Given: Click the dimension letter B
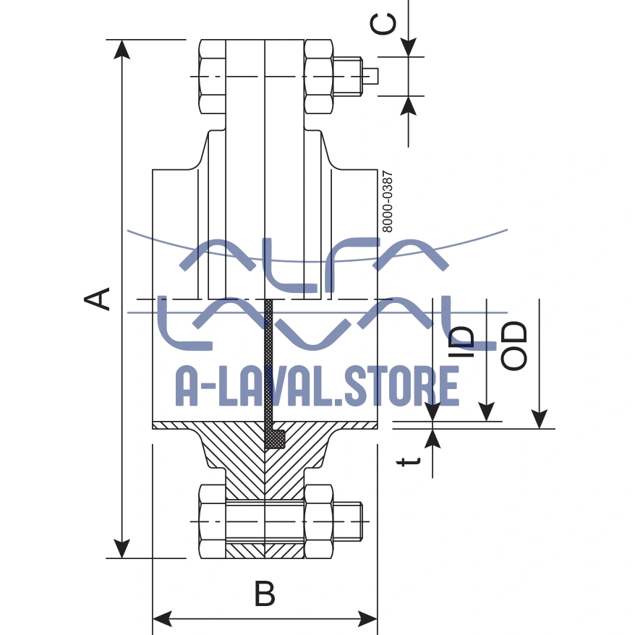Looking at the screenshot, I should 265,594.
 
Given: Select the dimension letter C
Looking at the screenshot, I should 383,24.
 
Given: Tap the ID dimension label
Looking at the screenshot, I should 462,341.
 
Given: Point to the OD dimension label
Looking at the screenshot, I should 514,346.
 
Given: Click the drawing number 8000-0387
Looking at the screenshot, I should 387,201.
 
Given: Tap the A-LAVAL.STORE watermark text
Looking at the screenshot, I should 317,385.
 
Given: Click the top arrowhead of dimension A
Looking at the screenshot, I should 123,49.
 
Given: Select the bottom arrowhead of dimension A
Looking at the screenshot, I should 123,548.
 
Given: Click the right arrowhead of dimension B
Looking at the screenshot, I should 368,619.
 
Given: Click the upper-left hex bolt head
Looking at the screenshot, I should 211,76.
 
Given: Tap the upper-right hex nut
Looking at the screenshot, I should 319,76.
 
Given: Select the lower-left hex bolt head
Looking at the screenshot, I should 211,521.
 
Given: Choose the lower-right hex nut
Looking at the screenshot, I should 319,521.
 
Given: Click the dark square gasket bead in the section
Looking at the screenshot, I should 275,438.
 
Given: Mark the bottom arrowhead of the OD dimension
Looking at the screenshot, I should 539,420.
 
